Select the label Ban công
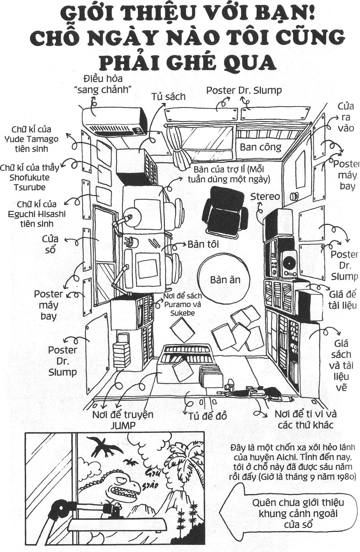[260, 147]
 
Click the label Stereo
[265, 196]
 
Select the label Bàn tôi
[203, 244]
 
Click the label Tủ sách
[168, 97]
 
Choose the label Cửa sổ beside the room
[50, 244]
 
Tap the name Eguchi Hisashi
[37, 214]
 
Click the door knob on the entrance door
[294, 196]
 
